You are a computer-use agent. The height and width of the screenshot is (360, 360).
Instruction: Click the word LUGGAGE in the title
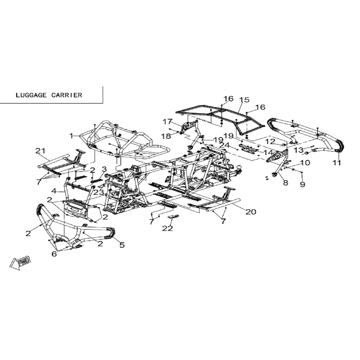pos(31,95)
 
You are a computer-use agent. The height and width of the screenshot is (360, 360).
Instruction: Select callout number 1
pos(71,136)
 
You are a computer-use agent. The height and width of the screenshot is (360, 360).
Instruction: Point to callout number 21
pos(41,151)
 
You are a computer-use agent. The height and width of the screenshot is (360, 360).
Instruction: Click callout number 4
pos(54,191)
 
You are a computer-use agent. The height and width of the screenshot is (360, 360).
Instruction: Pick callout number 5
pos(122,245)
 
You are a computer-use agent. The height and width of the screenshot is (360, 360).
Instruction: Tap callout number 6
pos(54,254)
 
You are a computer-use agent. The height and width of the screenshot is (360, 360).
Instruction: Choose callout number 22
pos(167,228)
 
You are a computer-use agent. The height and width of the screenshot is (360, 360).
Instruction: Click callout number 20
pos(251,212)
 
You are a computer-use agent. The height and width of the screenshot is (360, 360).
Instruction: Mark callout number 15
pos(244,100)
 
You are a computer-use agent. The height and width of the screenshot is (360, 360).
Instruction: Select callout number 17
pos(167,122)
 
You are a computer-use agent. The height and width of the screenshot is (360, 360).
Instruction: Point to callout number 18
pos(166,136)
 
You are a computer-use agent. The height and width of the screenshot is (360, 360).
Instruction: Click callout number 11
pos(337,163)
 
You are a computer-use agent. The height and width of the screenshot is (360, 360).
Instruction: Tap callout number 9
pos(302,184)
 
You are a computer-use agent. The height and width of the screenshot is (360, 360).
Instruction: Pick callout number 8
pos(286,183)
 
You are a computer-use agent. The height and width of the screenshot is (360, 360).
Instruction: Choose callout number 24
pos(224,145)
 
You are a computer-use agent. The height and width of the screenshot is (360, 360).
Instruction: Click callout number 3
pos(104,170)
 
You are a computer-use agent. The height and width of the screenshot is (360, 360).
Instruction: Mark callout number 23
pos(99,192)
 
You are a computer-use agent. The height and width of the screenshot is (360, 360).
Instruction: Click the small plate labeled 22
pos(173,217)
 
